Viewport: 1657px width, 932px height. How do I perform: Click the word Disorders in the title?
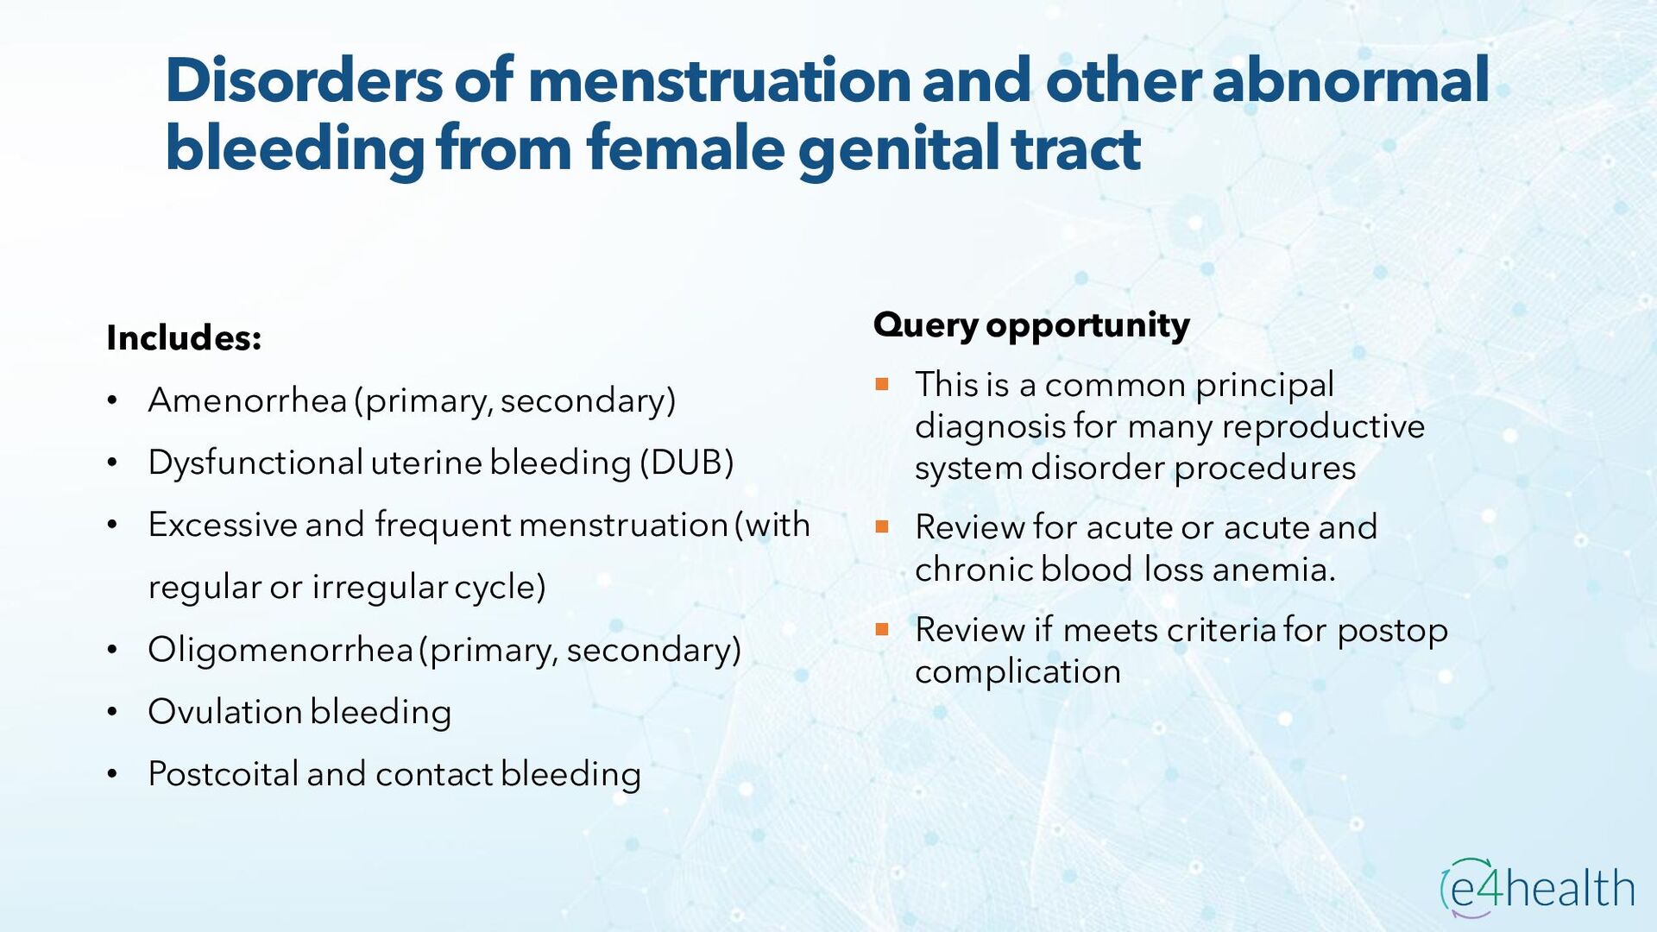pos(304,80)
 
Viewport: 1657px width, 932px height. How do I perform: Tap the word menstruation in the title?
pos(719,80)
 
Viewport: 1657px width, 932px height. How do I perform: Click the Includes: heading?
pos(184,338)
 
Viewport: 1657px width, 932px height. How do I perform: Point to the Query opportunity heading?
pos(1031,325)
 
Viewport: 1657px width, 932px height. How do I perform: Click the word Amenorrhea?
pos(247,400)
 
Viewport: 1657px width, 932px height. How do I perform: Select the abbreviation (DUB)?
pos(686,463)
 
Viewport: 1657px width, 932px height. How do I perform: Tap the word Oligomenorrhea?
pos(280,650)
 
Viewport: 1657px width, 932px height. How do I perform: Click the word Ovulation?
pos(224,712)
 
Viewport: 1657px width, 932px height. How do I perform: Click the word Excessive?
pos(222,525)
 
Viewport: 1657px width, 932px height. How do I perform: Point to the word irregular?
pos(379,587)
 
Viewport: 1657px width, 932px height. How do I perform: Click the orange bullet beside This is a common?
pos(881,385)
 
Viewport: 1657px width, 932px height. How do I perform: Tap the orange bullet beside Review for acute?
pos(881,526)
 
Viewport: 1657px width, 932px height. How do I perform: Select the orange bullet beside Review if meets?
pos(881,629)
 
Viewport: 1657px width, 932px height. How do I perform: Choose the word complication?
pos(1018,672)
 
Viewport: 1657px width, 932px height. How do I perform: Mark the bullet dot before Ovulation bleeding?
pos(112,713)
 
